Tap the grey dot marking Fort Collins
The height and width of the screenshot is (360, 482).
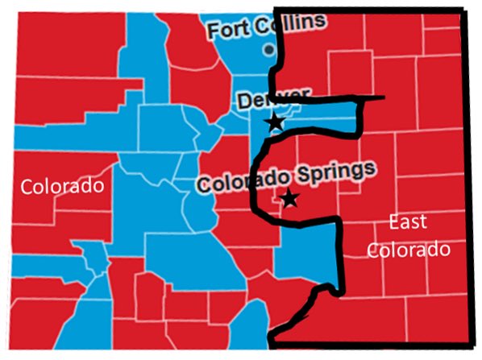click(x=268, y=49)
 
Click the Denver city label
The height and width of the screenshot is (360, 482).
click(x=272, y=100)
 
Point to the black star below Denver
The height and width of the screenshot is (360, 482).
click(x=275, y=122)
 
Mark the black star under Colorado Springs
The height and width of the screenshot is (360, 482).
click(x=289, y=197)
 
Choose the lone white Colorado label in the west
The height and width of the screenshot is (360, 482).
click(x=62, y=187)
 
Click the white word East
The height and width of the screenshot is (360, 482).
click(x=407, y=222)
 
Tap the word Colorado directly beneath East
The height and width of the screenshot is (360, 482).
click(x=408, y=250)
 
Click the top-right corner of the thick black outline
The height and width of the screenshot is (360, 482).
click(x=463, y=10)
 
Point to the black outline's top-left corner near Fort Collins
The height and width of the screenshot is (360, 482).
click(x=276, y=10)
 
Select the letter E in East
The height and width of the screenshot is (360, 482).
click(x=392, y=222)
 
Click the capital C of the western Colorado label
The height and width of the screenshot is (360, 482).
click(x=27, y=187)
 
